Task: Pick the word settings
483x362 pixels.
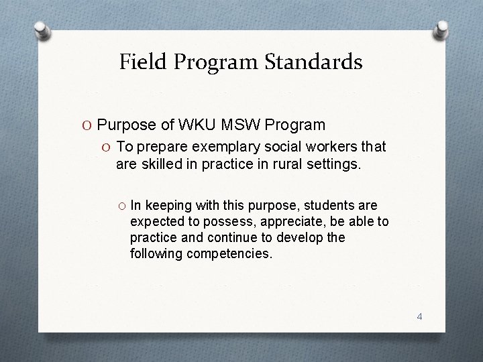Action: (x=335, y=163)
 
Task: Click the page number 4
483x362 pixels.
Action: (x=419, y=316)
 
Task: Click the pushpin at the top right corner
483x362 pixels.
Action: (x=442, y=27)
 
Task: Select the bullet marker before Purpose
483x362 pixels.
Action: (x=89, y=125)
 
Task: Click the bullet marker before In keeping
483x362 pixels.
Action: (x=121, y=206)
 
